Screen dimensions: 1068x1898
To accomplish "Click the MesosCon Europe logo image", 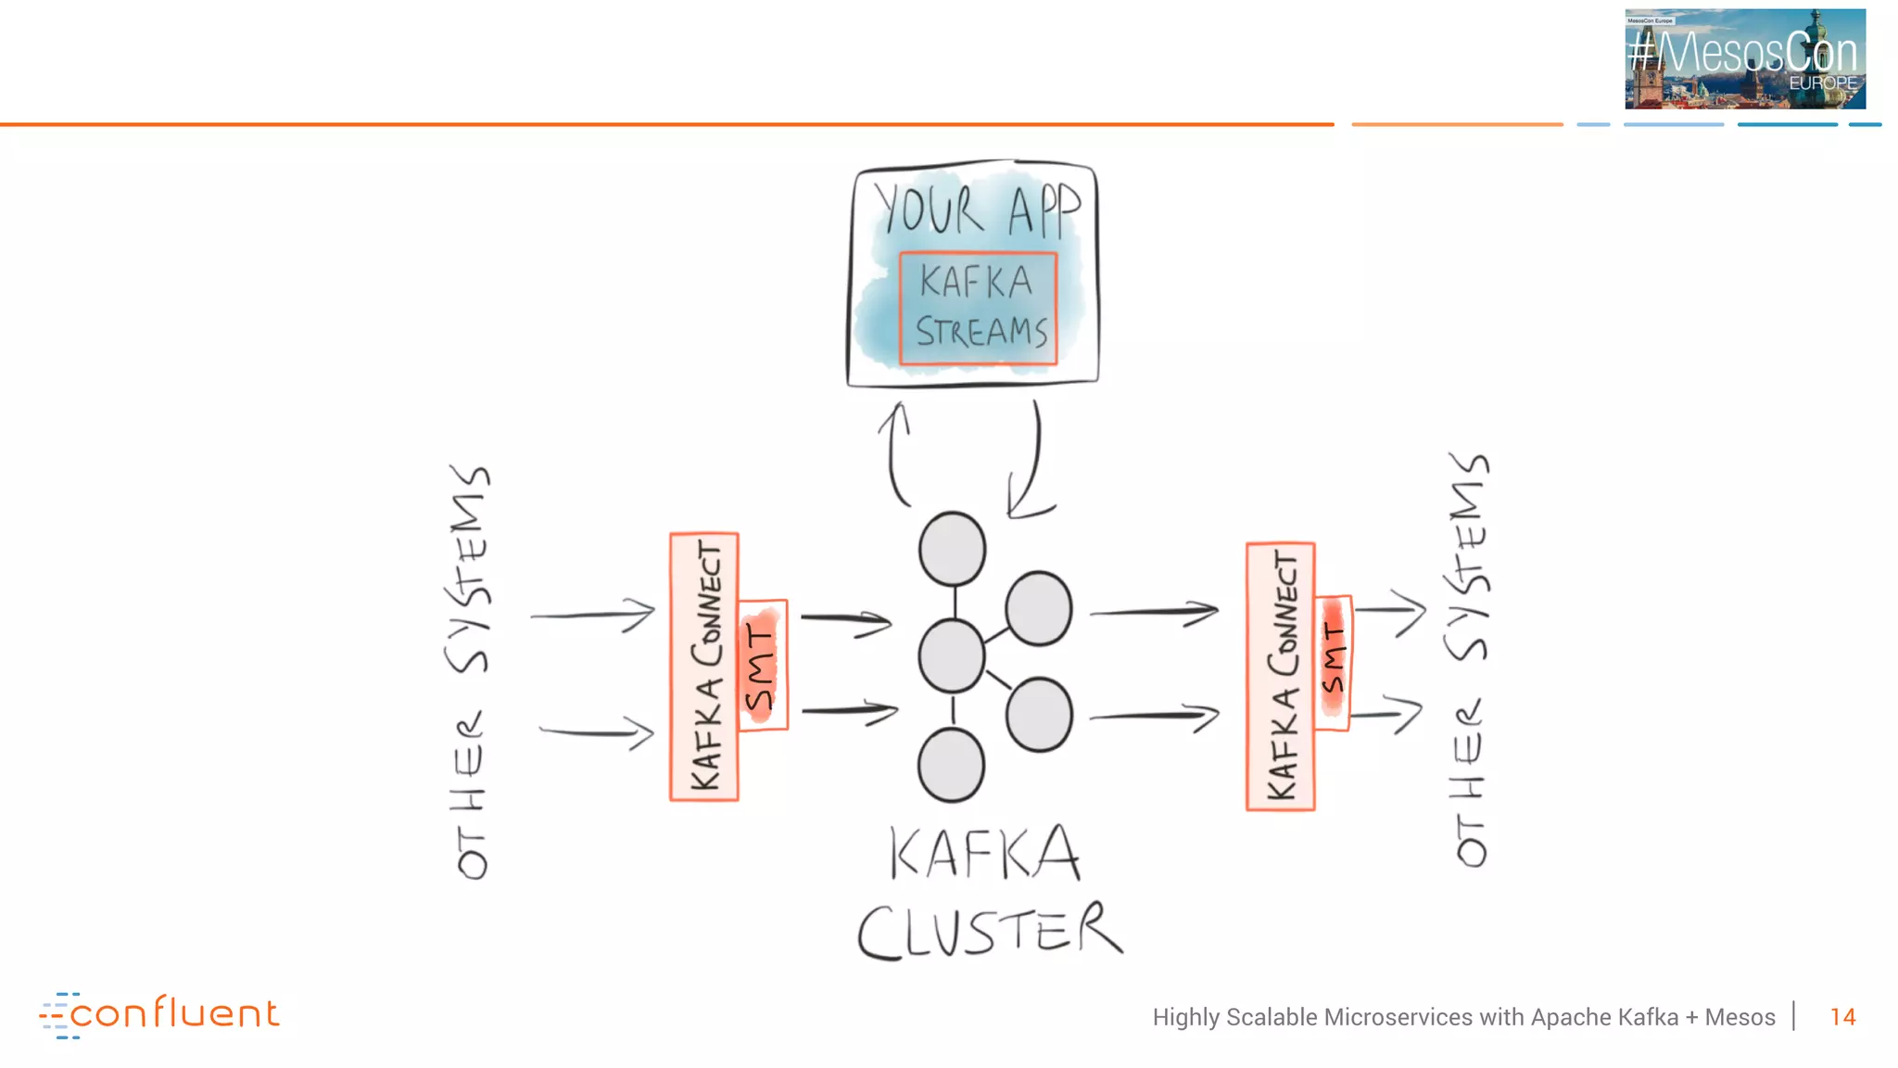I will (1744, 58).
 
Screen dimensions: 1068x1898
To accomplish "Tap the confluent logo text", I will (173, 1013).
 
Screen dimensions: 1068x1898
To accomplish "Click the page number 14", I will (1842, 1017).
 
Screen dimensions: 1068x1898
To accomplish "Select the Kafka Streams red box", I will (979, 308).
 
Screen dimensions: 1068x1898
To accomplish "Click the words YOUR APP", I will (977, 210).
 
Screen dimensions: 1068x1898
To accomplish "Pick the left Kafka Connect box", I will (704, 667).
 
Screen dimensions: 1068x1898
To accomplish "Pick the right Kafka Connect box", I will (1281, 677).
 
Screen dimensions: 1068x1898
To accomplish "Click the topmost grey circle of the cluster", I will (952, 549).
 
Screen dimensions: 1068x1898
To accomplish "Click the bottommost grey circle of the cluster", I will (951, 765).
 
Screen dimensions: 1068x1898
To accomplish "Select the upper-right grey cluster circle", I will (1039, 608).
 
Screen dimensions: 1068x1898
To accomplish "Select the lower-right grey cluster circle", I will (1039, 714).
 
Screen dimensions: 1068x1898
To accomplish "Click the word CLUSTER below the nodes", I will (990, 930).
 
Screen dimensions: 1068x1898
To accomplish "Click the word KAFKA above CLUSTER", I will (984, 853).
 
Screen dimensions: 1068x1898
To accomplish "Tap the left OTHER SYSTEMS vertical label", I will (471, 672).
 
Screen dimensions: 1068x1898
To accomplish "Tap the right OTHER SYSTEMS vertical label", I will (1470, 660).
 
